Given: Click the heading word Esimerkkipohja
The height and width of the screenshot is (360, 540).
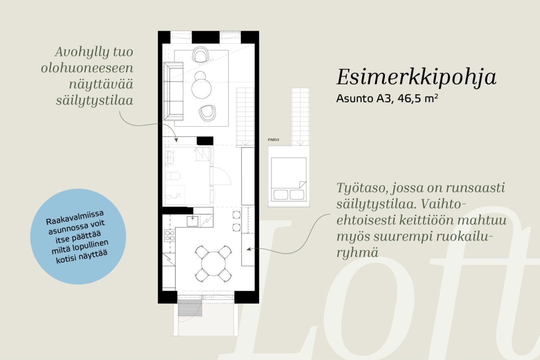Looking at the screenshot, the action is click(416, 77).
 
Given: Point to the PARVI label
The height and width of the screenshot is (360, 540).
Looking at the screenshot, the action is click(273, 140).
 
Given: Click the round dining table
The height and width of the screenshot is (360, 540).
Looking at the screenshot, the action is click(214, 264).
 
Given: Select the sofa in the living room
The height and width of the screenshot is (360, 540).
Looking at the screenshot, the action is click(173, 91).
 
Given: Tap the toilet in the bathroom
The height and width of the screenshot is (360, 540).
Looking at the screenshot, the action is click(173, 176).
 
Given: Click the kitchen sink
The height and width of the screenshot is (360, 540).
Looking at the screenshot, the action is click(192, 221).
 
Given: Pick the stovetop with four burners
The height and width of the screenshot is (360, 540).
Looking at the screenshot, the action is click(170, 235).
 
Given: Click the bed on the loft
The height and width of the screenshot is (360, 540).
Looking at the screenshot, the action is click(289, 179).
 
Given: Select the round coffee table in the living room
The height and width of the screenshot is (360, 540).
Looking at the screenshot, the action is click(201, 89).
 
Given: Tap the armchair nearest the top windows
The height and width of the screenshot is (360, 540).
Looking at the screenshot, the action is click(201, 54).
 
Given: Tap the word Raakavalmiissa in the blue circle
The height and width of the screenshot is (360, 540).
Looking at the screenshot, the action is click(75, 217).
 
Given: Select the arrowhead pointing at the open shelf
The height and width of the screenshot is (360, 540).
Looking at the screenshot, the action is click(176, 140).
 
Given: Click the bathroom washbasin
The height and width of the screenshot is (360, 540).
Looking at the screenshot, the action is click(170, 157).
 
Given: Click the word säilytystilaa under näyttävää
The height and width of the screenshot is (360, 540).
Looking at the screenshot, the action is click(95, 100).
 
